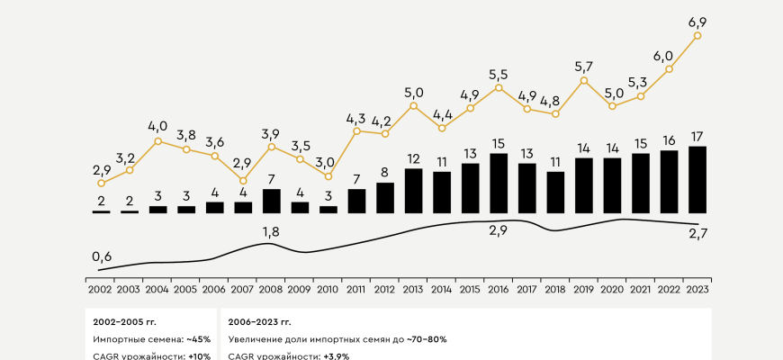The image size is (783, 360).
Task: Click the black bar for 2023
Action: [x=697, y=179]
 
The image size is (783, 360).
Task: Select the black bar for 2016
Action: [x=498, y=183]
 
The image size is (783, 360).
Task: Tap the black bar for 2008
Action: [x=271, y=201]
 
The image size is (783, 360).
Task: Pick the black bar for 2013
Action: [x=413, y=190]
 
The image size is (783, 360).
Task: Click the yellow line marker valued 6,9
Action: [x=697, y=36]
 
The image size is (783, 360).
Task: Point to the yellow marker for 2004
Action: [x=157, y=141]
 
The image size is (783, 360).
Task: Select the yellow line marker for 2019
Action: [x=584, y=80]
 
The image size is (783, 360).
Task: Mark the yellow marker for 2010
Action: [x=328, y=176]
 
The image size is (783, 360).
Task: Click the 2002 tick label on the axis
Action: [x=101, y=289]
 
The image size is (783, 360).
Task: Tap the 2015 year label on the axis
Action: [x=470, y=289]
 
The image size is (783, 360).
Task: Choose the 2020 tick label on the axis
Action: [x=612, y=289]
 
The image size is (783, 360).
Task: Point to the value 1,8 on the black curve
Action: [x=271, y=233]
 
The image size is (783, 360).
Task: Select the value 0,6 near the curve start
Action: [x=101, y=256]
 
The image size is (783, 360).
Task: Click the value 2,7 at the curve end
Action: [x=698, y=236]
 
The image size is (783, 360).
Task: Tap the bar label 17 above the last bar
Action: [x=697, y=136]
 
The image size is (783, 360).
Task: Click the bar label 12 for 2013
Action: [x=413, y=158]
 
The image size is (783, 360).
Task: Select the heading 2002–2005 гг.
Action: [x=127, y=321]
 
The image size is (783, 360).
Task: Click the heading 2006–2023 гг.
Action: [x=260, y=321]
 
